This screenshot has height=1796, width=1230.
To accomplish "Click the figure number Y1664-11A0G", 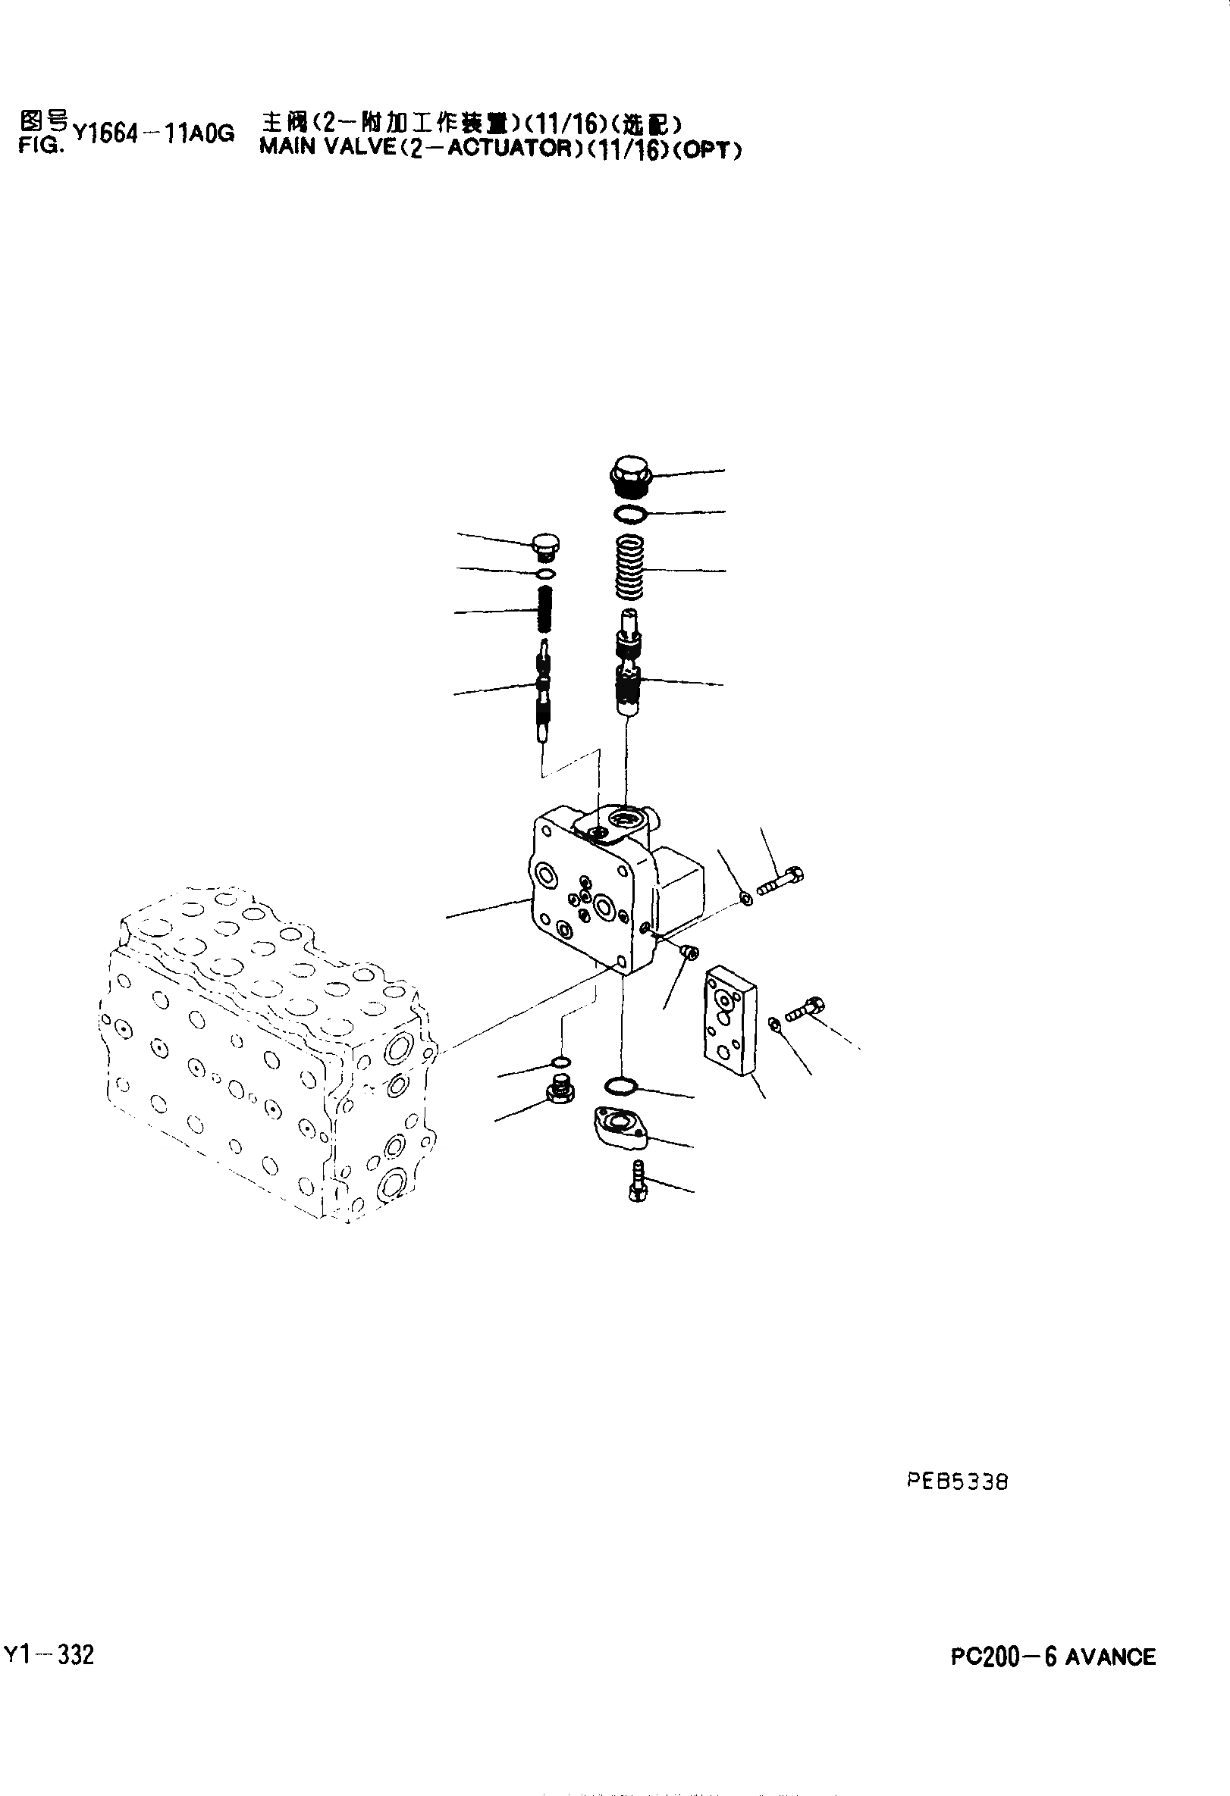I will point(152,133).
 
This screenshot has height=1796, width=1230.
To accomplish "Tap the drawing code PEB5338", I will point(957,1482).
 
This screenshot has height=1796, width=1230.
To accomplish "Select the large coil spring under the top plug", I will point(629,568).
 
